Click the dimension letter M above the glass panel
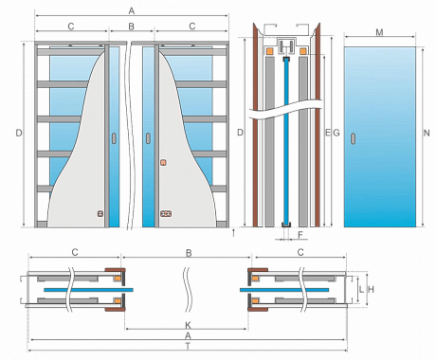pyautogui.click(x=379, y=32)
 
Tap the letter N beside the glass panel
pyautogui.click(x=427, y=133)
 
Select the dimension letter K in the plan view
pyautogui.click(x=188, y=325)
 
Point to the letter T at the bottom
pyautogui.click(x=188, y=347)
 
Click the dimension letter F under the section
pyautogui.click(x=300, y=235)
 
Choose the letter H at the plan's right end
pyautogui.click(x=372, y=289)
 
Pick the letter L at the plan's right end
pyautogui.click(x=361, y=289)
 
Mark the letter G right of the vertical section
pyautogui.click(x=336, y=133)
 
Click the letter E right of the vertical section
pyautogui.click(x=328, y=133)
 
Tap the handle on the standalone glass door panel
pyautogui.click(x=353, y=138)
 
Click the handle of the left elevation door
pyautogui.click(x=114, y=138)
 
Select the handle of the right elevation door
pyautogui.click(x=148, y=138)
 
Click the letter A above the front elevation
pyautogui.click(x=132, y=11)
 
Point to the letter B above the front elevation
pyautogui.click(x=132, y=27)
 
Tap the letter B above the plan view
pyautogui.click(x=189, y=253)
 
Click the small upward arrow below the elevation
pyautogui.click(x=233, y=233)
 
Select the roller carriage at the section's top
pyautogui.click(x=286, y=46)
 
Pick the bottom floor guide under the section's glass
pyautogui.click(x=286, y=225)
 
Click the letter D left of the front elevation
pyautogui.click(x=19, y=133)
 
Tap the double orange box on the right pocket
pyautogui.click(x=166, y=214)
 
